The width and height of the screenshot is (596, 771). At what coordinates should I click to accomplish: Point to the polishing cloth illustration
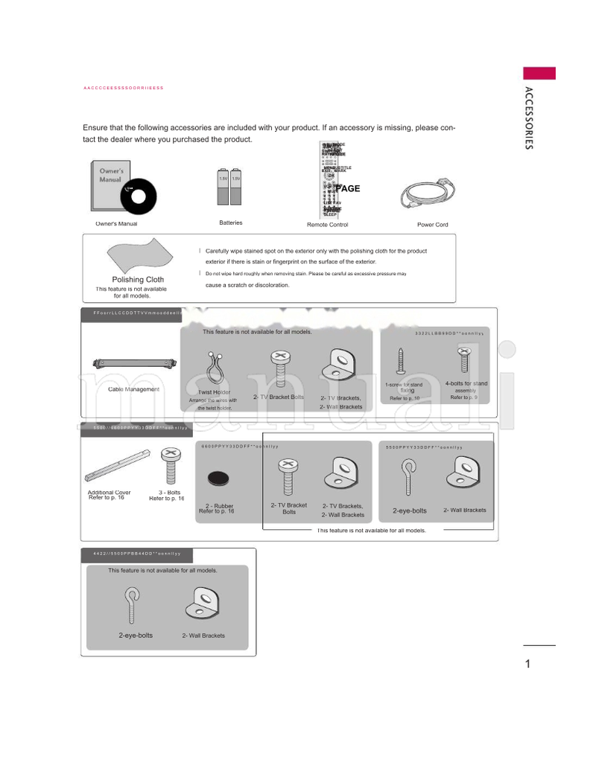[138, 255]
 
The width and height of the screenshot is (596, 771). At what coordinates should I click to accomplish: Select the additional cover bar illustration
[118, 467]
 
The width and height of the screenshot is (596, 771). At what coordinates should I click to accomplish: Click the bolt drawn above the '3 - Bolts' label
[170, 466]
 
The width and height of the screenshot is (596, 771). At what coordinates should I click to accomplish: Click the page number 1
[527, 664]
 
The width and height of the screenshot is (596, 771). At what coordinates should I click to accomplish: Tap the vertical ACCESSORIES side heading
[527, 118]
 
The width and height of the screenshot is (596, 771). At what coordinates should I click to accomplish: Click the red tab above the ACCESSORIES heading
[539, 73]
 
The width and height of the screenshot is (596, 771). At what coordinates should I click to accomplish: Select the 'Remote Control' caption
[327, 225]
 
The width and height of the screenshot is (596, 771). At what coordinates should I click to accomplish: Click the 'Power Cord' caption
[433, 225]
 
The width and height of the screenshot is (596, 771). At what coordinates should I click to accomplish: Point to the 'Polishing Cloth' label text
[138, 280]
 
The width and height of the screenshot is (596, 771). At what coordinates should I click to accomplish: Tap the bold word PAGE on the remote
[347, 188]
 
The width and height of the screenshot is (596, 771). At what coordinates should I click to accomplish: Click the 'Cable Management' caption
[134, 389]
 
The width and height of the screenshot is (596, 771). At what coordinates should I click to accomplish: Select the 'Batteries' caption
[230, 223]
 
